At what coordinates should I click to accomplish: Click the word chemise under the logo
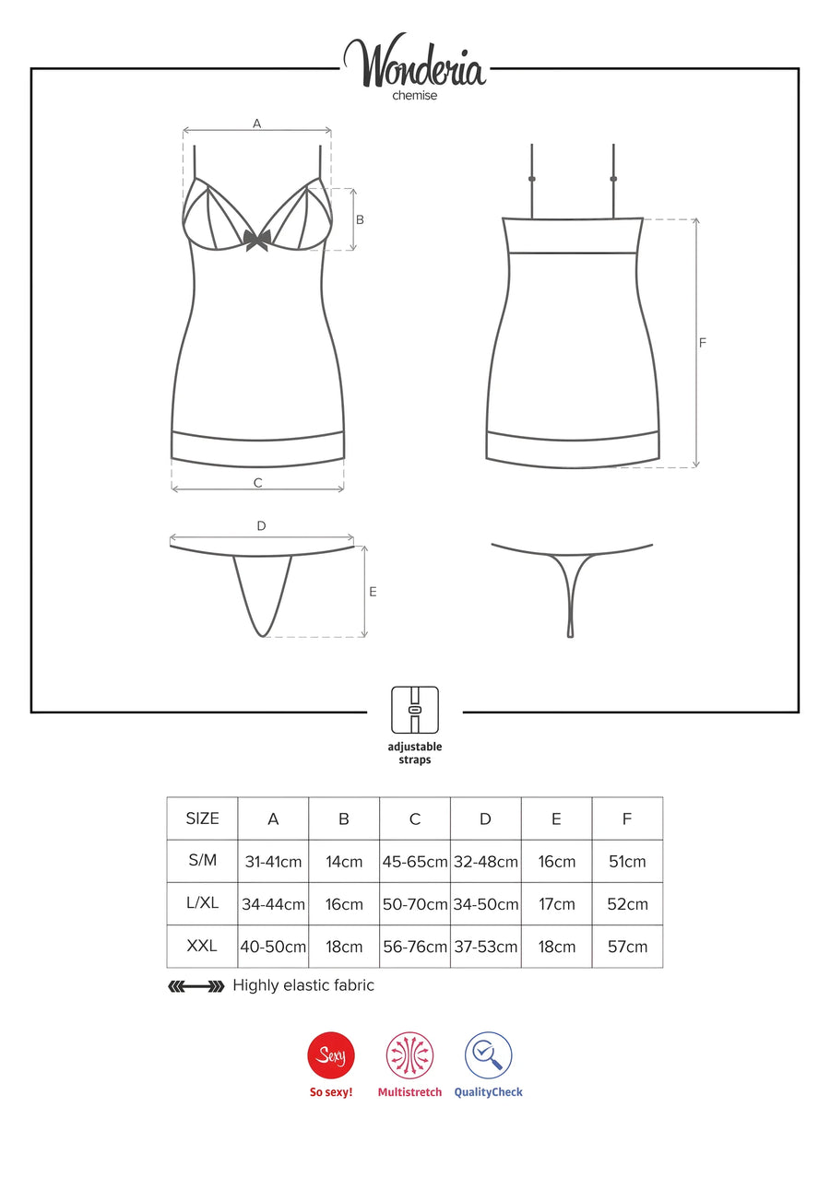click(415, 96)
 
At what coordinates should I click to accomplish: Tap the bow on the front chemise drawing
click(257, 240)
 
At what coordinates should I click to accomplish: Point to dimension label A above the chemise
click(257, 124)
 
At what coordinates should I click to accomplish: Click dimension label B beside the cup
click(360, 219)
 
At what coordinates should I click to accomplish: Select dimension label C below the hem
click(258, 482)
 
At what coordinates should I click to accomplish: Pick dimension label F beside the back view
click(703, 343)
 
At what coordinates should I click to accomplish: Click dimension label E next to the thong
click(373, 592)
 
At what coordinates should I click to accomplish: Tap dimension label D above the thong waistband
click(261, 525)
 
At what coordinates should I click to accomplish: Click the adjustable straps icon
click(415, 711)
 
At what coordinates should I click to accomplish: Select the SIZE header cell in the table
click(202, 818)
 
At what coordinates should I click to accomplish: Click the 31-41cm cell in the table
click(273, 861)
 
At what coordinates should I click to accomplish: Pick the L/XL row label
click(202, 902)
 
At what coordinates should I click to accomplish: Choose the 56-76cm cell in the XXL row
click(415, 947)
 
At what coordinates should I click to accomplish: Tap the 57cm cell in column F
click(627, 947)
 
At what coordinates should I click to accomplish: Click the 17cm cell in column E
click(556, 904)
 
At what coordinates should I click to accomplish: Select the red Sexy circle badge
click(331, 1055)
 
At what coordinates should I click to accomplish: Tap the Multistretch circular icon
click(409, 1055)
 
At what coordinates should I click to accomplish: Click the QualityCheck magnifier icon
click(488, 1055)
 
